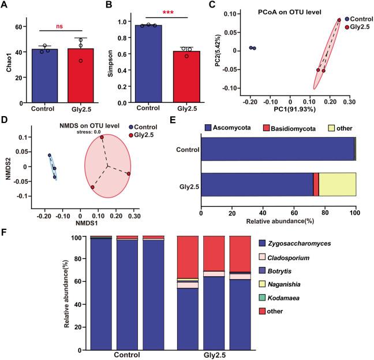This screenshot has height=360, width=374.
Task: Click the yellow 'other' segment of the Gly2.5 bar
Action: (x=337, y=188)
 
